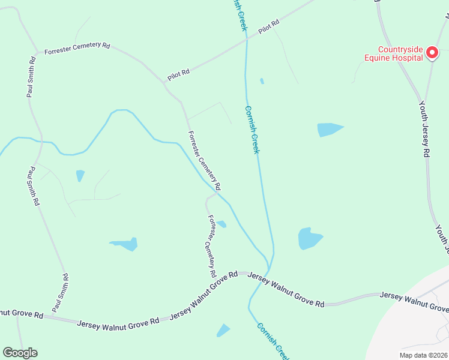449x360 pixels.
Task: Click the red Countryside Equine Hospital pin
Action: [432, 54]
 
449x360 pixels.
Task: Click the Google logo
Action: [20, 353]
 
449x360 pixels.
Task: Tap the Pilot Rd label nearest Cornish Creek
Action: [269, 28]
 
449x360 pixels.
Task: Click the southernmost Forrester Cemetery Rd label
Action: [212, 246]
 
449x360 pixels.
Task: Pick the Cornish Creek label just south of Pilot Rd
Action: [252, 130]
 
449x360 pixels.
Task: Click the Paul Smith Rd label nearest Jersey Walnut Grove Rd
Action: [60, 292]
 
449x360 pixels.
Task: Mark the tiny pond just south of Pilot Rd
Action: [262, 81]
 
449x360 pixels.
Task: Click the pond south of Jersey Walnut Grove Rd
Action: [223, 330]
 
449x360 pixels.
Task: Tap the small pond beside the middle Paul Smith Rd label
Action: [80, 175]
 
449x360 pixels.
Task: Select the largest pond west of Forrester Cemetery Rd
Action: [127, 244]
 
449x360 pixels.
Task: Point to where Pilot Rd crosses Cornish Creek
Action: [246, 39]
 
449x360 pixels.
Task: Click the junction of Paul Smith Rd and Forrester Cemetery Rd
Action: [39, 53]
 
